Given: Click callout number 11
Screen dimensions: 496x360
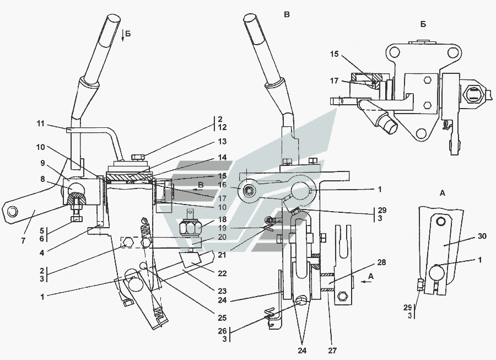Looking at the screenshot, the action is tap(40, 123).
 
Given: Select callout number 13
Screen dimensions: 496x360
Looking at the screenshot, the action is tap(223, 141).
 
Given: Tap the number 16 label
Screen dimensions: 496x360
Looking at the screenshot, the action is tap(223, 185).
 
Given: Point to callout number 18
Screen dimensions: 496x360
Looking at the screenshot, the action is tap(223, 219).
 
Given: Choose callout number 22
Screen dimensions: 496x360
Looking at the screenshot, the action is tap(223, 273).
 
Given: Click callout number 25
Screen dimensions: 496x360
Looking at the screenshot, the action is tap(223, 318).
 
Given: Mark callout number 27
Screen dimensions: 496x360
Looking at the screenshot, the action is tap(332, 351).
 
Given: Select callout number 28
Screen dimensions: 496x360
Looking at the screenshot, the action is tap(382, 262).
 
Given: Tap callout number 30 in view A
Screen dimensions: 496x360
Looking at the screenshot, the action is tap(482, 236).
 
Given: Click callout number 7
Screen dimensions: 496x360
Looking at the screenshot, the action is tap(23, 241).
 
